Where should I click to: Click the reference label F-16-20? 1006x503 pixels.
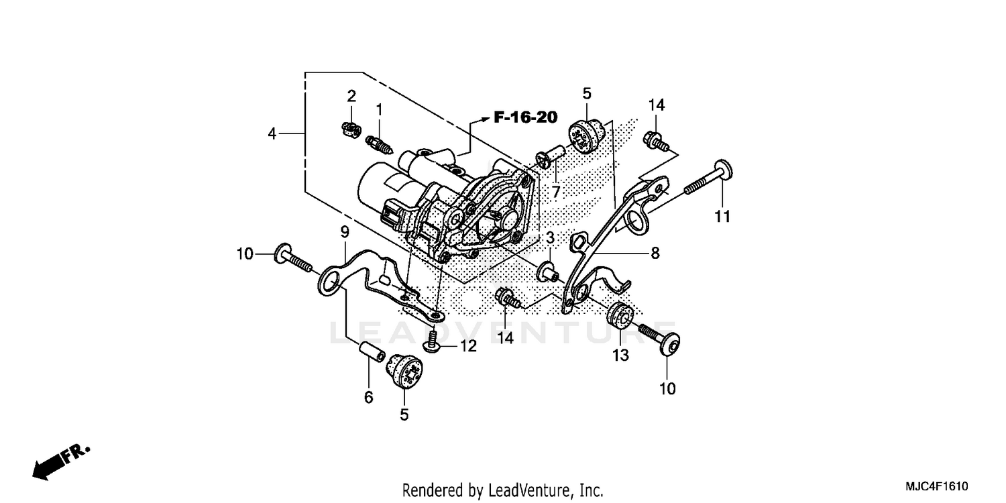[525, 117]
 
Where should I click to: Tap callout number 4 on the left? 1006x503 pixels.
[272, 133]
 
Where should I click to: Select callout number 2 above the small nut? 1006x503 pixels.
[351, 96]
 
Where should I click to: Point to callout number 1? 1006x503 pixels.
[379, 109]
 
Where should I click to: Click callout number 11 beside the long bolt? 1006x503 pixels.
[722, 217]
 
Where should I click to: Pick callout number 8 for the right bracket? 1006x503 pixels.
[655, 254]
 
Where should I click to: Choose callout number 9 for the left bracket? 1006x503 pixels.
[344, 233]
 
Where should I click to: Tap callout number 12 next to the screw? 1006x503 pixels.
[467, 346]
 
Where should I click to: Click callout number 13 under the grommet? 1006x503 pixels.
[621, 355]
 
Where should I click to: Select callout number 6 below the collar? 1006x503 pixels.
[368, 398]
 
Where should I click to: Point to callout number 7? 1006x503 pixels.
[555, 192]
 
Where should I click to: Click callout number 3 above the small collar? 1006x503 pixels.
[549, 238]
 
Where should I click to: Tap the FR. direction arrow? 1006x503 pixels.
[60, 462]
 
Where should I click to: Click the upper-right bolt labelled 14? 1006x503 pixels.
[655, 140]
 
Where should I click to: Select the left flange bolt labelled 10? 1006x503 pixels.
[293, 260]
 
